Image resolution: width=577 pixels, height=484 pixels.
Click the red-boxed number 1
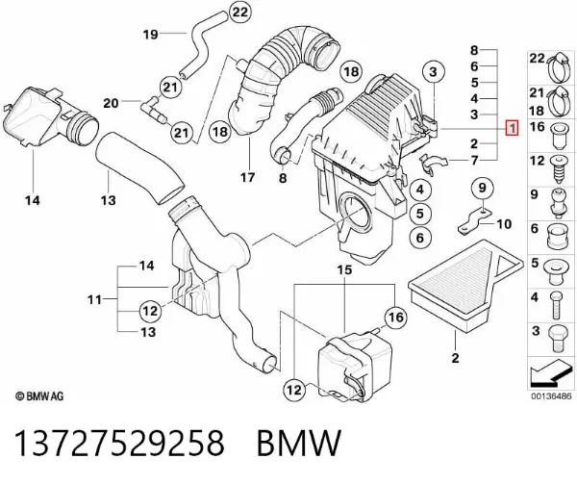click(x=513, y=128)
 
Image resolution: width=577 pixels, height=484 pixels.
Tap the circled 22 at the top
click(x=239, y=13)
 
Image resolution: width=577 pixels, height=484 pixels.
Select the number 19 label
click(x=151, y=35)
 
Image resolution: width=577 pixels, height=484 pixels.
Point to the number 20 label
click(x=111, y=103)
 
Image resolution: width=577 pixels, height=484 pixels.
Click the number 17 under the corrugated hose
click(x=248, y=177)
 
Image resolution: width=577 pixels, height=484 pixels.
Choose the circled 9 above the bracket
click(x=482, y=188)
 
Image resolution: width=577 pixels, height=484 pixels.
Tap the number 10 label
click(x=504, y=224)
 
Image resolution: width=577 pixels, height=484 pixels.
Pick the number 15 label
click(x=344, y=270)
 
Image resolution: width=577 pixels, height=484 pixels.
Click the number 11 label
click(x=94, y=299)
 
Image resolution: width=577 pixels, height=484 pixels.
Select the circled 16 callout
click(x=396, y=317)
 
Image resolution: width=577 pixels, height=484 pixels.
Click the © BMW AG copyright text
click(x=39, y=396)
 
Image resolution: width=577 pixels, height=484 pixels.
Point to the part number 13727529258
click(x=119, y=443)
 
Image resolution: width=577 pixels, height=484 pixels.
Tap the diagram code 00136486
click(x=551, y=396)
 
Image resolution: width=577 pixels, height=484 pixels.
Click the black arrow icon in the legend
click(x=548, y=374)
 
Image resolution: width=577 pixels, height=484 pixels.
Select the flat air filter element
click(x=465, y=285)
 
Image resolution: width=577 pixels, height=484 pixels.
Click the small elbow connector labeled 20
click(x=154, y=109)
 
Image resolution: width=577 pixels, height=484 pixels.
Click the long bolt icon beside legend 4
click(x=556, y=305)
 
